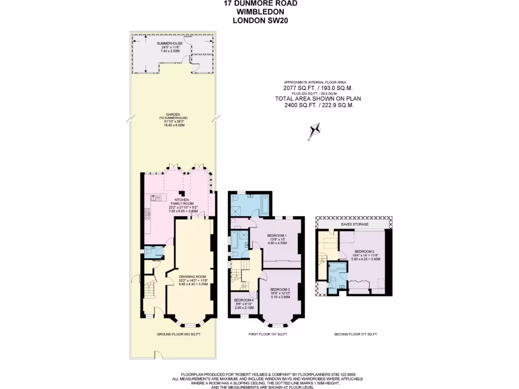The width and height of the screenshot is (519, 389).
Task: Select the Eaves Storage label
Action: [354, 224]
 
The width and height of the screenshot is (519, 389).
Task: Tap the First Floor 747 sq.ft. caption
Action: [268, 334]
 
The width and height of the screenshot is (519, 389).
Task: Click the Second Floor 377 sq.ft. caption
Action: [356, 334]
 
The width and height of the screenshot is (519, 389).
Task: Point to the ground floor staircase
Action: [150, 290]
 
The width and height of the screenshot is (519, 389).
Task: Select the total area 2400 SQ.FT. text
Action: [318, 105]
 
